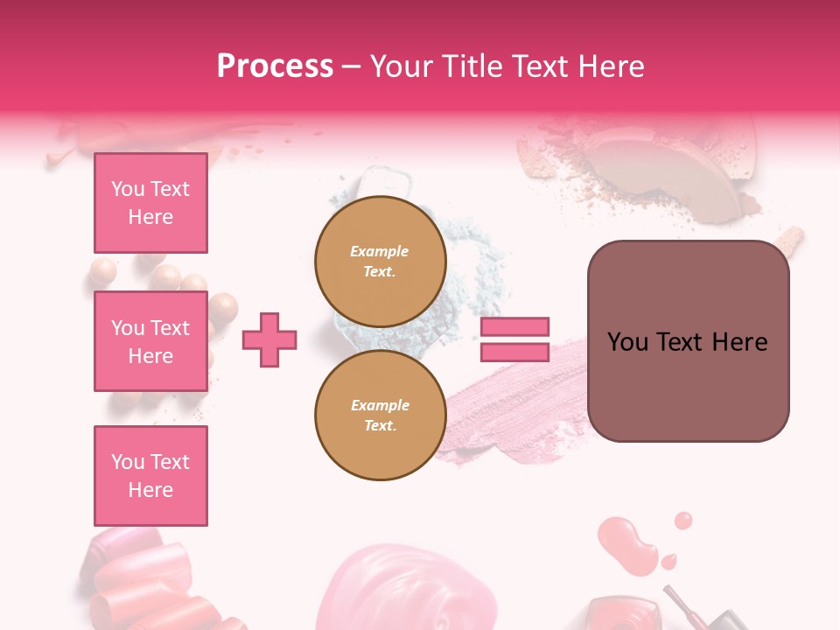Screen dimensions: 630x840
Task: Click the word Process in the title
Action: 275,66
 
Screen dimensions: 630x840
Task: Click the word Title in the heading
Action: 466,66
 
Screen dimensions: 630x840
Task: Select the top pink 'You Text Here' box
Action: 150,203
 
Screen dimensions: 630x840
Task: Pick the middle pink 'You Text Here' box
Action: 150,341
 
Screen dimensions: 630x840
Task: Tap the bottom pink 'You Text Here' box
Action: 150,476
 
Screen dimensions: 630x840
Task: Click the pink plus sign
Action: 269,339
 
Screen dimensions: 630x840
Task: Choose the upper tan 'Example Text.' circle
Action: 381,261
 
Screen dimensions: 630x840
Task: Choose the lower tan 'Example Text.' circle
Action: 381,415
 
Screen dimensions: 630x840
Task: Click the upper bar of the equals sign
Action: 514,326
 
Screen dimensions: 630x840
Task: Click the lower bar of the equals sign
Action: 514,352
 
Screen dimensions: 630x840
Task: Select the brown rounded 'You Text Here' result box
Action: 688,341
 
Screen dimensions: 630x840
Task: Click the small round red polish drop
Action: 683,521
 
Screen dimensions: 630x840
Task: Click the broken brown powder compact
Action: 665,166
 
